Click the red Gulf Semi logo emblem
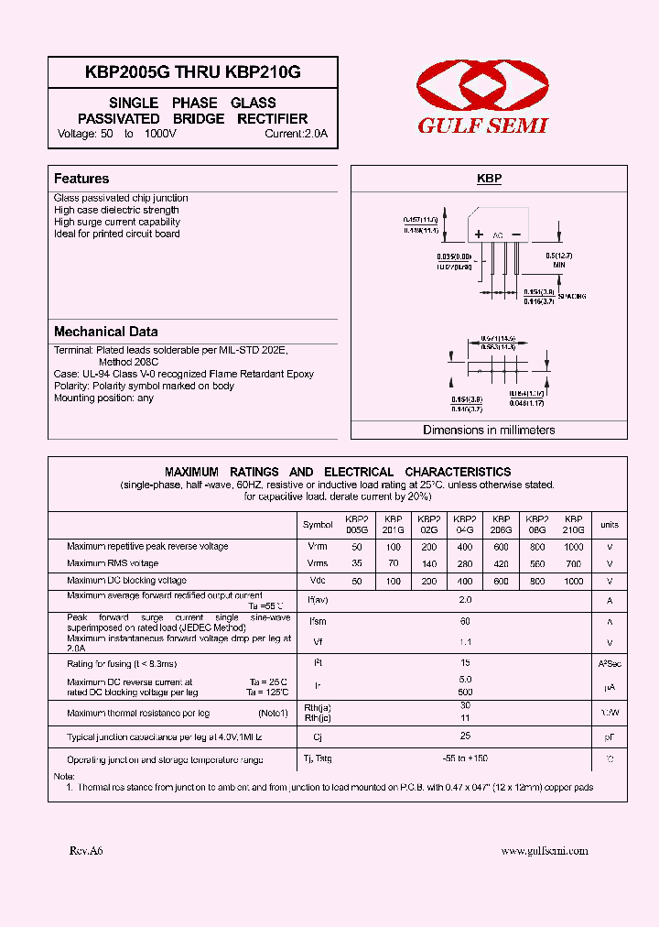[481, 84]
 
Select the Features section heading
[81, 179]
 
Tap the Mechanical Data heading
[105, 332]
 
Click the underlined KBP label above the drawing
[489, 179]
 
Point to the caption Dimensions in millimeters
[489, 430]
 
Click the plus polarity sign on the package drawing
[478, 234]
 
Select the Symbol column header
[318, 525]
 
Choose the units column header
[609, 525]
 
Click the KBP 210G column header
[573, 524]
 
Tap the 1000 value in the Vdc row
[573, 581]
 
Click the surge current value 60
[464, 621]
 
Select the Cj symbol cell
[318, 736]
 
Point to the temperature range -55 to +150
[464, 759]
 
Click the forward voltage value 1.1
[464, 642]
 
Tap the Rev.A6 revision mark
[86, 851]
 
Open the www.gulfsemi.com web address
[544, 851]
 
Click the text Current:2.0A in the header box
[296, 134]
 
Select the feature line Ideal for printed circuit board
[117, 234]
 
